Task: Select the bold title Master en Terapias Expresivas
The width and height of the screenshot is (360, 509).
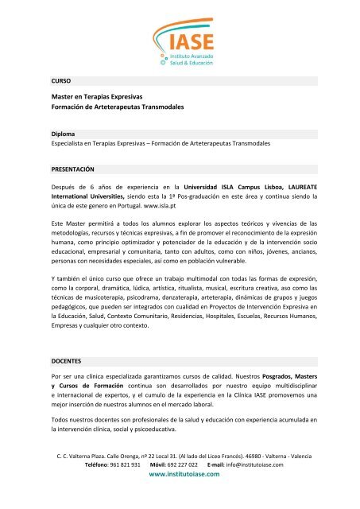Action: pos(105,97)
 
